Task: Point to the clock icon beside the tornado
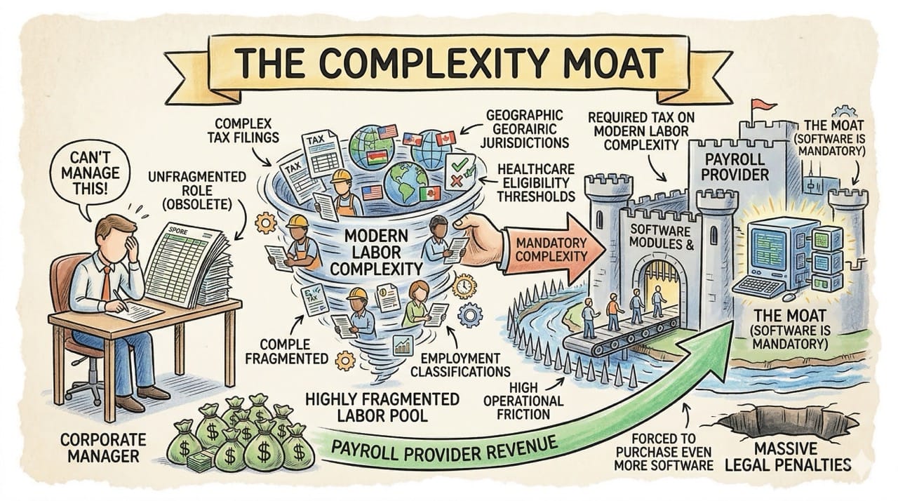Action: pos(465,287)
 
